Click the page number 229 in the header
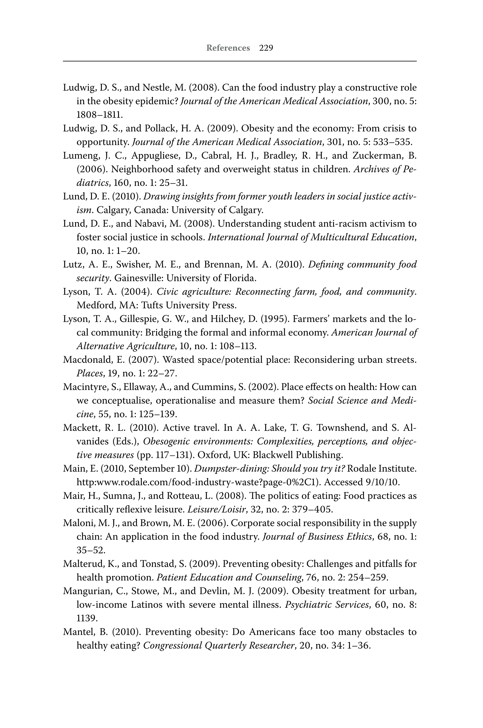click(x=266, y=48)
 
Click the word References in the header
click(x=228, y=48)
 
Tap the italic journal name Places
click(x=90, y=373)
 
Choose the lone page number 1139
click(x=87, y=618)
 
